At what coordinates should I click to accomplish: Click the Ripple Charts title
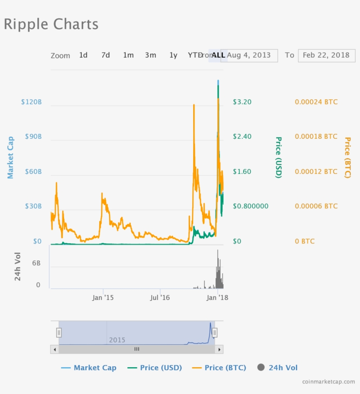tap(51, 24)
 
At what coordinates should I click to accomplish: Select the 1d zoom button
tap(83, 55)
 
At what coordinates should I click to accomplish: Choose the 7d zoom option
tap(105, 55)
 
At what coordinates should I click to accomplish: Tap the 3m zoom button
tap(150, 55)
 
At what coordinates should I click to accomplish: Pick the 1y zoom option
tap(173, 55)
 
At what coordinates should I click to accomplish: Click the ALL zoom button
tap(218, 55)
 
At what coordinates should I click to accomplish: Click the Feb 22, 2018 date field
tap(326, 55)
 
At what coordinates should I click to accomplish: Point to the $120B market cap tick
tap(32, 102)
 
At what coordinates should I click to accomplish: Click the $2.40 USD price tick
tap(242, 137)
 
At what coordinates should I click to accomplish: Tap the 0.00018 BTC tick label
tap(316, 137)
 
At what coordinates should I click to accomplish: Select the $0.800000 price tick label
tap(251, 206)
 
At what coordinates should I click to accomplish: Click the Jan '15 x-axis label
tap(103, 298)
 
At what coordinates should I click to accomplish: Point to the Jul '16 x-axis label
tap(160, 298)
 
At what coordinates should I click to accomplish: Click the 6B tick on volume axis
tap(36, 264)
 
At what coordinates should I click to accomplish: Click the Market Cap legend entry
tap(89, 368)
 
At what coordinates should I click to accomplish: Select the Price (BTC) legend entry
tap(220, 368)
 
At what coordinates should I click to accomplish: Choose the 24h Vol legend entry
tap(277, 368)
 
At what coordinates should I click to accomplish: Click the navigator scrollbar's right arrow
tap(220, 349)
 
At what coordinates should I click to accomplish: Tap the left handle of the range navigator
tap(59, 333)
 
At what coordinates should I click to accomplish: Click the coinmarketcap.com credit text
tap(328, 381)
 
